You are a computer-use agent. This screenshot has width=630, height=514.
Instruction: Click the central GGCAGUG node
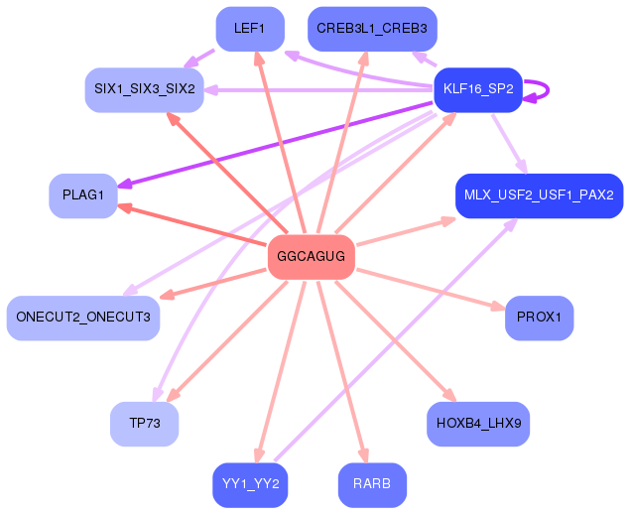312,257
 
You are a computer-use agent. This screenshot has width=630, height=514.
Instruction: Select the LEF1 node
249,29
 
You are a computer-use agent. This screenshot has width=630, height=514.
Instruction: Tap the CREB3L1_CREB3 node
371,29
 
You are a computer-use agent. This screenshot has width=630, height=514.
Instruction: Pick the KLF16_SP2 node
477,89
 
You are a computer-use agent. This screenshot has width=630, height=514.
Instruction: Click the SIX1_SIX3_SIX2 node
144,89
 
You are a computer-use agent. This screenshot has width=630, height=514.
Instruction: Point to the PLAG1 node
82,195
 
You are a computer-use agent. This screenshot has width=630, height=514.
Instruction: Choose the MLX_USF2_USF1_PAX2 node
539,195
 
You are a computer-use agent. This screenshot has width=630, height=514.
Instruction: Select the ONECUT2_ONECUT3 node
82,318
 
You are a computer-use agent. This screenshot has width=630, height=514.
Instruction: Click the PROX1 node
539,318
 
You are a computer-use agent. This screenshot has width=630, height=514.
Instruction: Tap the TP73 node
144,424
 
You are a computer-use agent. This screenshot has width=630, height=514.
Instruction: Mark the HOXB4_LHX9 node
477,424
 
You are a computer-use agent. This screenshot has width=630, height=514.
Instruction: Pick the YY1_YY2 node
249,485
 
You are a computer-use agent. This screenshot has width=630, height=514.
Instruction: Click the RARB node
371,485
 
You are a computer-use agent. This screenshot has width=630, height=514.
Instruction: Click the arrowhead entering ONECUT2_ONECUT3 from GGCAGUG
166,295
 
